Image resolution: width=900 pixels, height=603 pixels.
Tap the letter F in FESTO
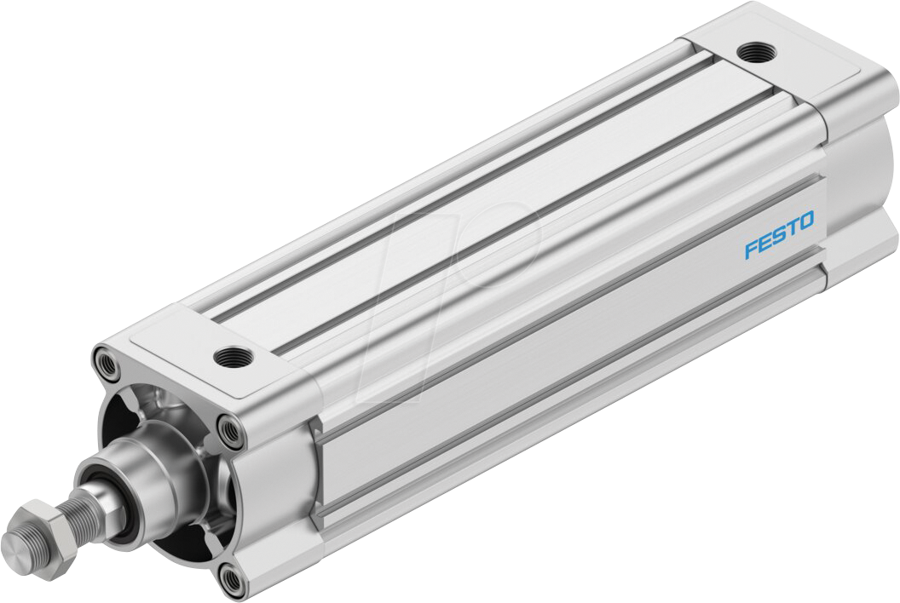coord(752,249)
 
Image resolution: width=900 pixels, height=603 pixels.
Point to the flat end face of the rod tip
coord(15,543)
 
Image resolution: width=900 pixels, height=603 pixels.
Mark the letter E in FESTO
coord(765,242)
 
